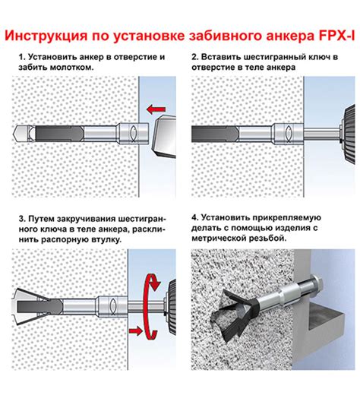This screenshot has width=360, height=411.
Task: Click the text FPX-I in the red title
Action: pos(336,36)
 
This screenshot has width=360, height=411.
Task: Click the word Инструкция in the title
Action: pos(46,36)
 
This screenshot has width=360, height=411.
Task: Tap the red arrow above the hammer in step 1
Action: pos(156,109)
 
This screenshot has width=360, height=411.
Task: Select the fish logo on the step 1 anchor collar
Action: pos(133,133)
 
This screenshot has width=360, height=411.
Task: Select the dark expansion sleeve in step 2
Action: pos(215,134)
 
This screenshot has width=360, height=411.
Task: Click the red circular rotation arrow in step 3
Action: pos(150,307)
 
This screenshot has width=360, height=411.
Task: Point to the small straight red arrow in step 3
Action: pos(135,331)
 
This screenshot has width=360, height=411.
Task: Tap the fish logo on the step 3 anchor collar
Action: pos(113,305)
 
